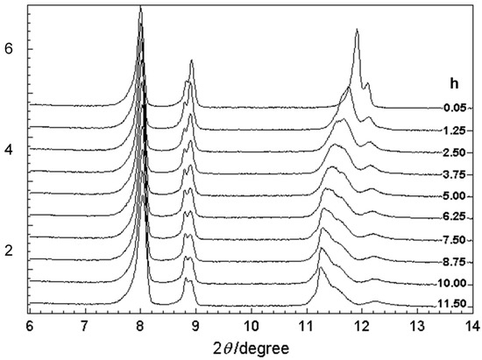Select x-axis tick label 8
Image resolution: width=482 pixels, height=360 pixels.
coord(140,324)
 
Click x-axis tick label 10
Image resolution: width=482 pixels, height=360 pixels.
coord(251,324)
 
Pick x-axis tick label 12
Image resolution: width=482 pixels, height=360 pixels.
coord(361,324)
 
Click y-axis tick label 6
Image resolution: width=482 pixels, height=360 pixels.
coord(10,50)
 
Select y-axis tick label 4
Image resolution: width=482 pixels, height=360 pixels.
coord(10,151)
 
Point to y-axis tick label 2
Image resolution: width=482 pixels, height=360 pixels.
coord(10,251)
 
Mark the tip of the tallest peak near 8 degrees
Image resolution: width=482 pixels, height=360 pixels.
coord(140,7)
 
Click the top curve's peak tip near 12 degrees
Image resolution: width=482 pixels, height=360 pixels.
coord(357,31)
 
